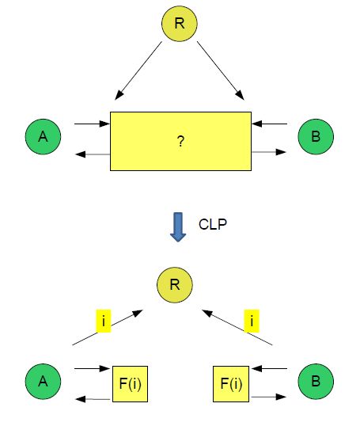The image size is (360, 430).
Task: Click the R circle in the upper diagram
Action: [x=179, y=23]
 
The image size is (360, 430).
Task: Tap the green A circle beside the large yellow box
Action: [x=43, y=137]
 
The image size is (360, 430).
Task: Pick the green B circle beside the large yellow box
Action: [x=316, y=137]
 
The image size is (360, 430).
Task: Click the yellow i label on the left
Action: [x=103, y=321]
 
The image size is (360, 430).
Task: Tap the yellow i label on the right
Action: [x=253, y=321]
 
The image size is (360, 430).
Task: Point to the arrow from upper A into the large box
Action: [x=90, y=124]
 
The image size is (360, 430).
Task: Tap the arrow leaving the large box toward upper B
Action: [x=269, y=150]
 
